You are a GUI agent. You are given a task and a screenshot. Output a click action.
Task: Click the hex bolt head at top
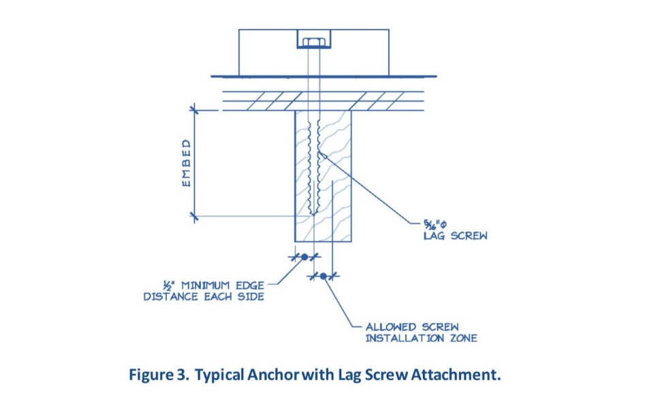tap(313, 42)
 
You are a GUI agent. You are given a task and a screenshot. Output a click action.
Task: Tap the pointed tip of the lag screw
tap(313, 215)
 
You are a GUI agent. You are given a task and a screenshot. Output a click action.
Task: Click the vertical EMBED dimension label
tap(187, 163)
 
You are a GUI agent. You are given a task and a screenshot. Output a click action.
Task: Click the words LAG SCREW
tap(456, 236)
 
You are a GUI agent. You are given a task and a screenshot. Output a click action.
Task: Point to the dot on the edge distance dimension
tap(304, 257)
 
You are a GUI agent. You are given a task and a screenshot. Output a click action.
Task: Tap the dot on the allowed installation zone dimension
tap(324, 276)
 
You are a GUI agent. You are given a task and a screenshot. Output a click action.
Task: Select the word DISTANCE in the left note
tap(171, 296)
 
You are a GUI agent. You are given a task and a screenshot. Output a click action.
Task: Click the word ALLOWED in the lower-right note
tap(391, 328)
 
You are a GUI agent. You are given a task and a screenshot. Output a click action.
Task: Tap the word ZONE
tap(463, 338)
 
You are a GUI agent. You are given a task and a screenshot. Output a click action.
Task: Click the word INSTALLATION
tap(405, 338)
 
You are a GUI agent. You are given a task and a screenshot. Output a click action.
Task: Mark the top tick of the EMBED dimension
tap(193, 110)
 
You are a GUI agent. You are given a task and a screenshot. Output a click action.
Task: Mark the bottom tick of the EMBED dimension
tap(193, 217)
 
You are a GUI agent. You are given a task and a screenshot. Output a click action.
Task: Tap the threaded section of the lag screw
tap(313, 165)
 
